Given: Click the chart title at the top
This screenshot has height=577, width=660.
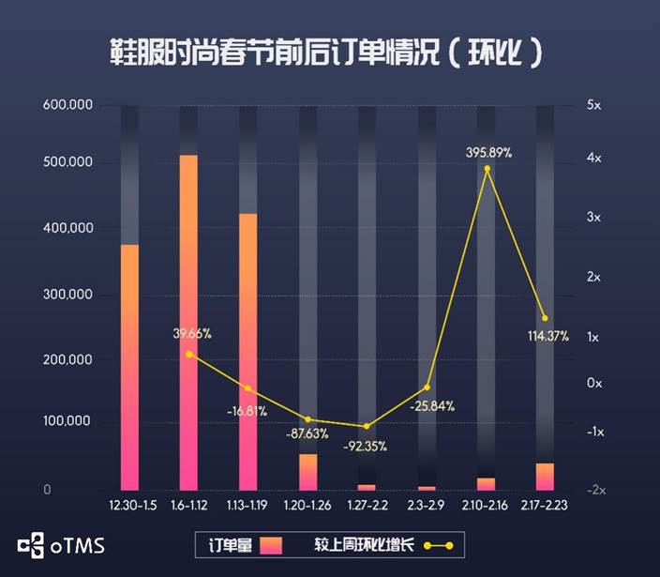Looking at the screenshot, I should (327, 53).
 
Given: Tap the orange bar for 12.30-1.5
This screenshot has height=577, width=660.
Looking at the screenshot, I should (129, 366).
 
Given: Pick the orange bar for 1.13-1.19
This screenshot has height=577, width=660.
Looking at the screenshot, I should (247, 351).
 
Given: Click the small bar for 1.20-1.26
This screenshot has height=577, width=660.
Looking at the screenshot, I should (307, 472).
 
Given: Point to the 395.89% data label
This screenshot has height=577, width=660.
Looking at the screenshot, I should (488, 152).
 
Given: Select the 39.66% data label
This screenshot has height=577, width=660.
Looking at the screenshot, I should (191, 333).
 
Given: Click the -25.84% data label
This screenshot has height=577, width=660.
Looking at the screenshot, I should (431, 406).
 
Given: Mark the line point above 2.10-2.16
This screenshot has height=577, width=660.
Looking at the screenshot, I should (487, 169).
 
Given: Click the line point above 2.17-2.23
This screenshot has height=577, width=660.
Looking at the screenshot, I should (545, 318).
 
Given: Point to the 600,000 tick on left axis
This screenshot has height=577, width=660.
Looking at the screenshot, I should (67, 105).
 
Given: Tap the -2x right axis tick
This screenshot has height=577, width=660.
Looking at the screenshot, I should (594, 490).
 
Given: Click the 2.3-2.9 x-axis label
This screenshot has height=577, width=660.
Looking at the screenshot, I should (427, 506).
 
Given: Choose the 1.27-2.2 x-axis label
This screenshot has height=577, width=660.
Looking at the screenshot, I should (367, 506).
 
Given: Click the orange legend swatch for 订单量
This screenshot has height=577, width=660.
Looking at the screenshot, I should (271, 544).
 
